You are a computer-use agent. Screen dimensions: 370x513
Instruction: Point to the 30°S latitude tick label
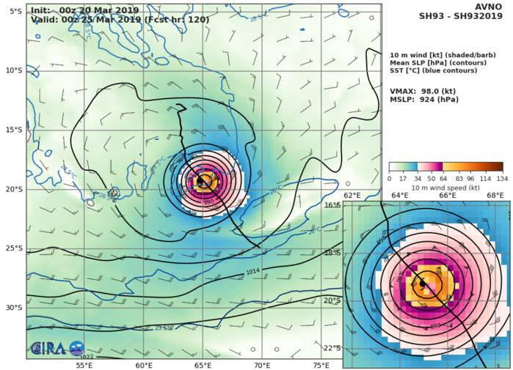click(14, 308)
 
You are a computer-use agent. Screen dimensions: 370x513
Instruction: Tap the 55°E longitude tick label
click(84, 365)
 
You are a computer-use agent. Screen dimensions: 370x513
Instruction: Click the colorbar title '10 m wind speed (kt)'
click(445, 188)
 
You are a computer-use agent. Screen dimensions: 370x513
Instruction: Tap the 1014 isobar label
click(252, 272)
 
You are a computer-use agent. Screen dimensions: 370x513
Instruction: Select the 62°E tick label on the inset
click(352, 196)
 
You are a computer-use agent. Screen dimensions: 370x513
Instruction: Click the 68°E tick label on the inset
click(495, 196)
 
